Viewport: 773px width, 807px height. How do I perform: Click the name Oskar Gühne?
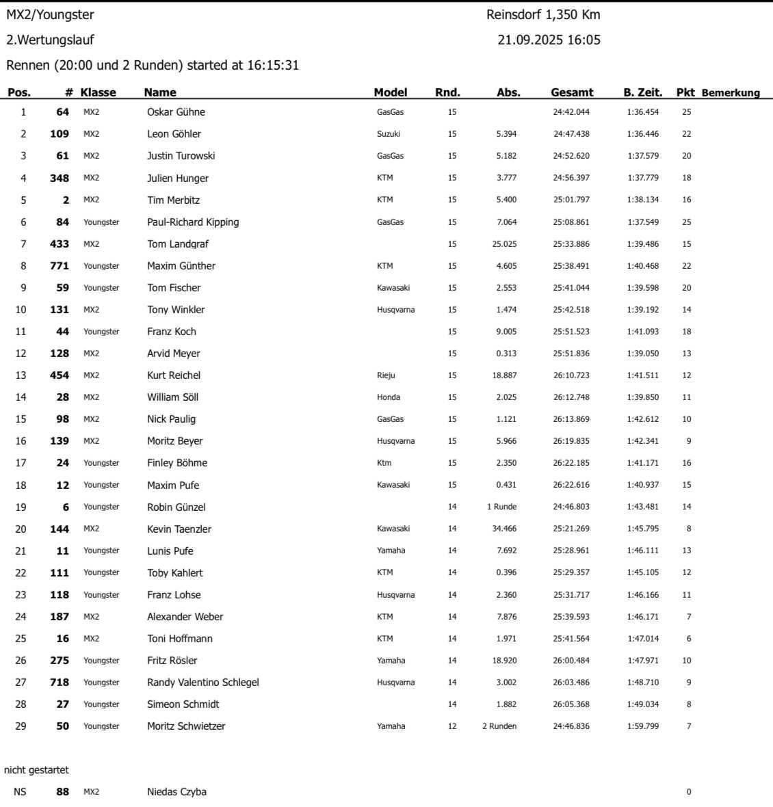coord(176,112)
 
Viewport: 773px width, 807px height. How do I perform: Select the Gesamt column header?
coord(572,92)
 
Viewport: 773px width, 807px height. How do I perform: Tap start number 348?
coord(60,178)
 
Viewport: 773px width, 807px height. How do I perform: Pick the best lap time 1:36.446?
coord(642,134)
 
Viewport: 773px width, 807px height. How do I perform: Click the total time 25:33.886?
coord(571,244)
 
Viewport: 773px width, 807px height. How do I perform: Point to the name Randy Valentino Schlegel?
coord(202,683)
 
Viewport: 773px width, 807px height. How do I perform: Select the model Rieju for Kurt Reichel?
coord(386,375)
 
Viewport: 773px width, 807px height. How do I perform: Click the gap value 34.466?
coord(504,529)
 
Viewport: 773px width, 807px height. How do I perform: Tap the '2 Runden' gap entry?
coord(499,726)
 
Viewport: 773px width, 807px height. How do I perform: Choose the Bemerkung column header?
coord(731,93)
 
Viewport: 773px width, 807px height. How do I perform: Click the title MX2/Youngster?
coord(50,14)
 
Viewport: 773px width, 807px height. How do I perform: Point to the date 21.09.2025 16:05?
coord(549,40)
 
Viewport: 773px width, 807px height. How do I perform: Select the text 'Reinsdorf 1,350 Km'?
coord(543,14)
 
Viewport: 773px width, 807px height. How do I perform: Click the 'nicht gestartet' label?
coord(36,770)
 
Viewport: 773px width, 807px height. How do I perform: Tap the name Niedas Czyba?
coord(176,792)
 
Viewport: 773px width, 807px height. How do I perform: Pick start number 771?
coord(60,266)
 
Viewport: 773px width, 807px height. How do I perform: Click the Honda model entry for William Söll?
coord(389,397)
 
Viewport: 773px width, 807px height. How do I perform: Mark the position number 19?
coord(21,507)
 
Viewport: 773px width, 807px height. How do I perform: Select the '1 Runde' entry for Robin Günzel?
coord(501,507)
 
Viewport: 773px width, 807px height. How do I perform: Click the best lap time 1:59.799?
coord(642,726)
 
